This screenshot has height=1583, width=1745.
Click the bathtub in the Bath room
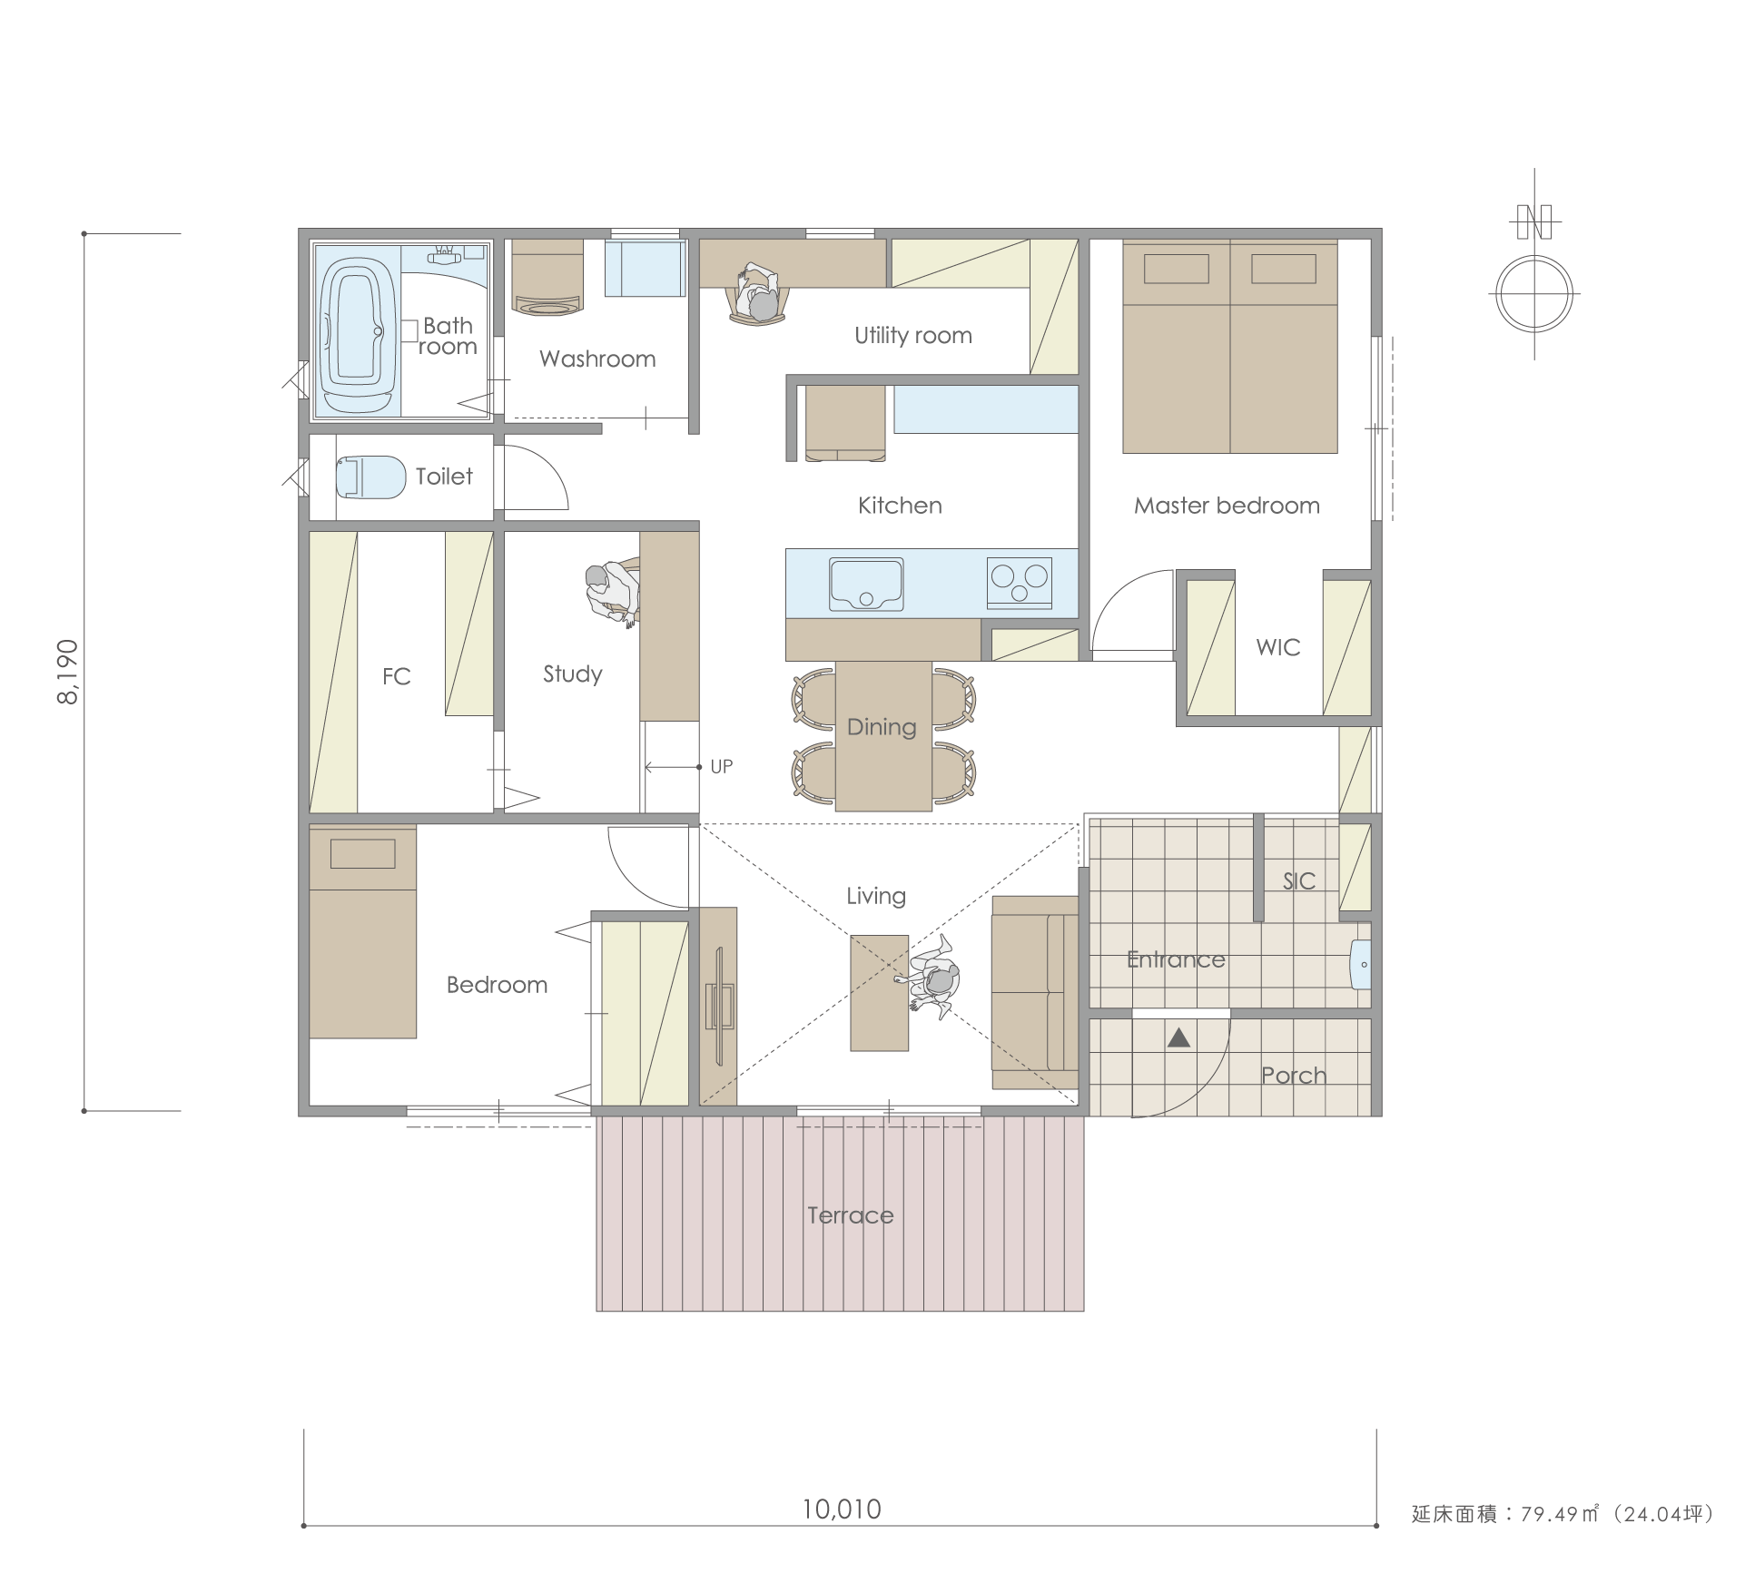(x=358, y=334)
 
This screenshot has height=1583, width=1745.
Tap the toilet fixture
(x=370, y=477)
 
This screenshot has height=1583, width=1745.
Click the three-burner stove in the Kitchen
(x=1020, y=582)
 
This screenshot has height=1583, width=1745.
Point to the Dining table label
(x=882, y=727)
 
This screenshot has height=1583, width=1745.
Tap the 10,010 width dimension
(x=842, y=1509)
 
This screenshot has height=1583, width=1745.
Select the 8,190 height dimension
(x=69, y=672)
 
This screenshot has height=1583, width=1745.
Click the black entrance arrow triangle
(x=1178, y=1037)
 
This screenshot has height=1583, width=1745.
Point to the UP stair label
(x=722, y=767)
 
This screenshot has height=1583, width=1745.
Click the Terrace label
(x=851, y=1215)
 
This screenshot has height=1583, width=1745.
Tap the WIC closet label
(x=1278, y=647)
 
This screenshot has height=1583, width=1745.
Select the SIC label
(x=1299, y=880)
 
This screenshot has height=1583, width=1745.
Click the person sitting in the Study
(x=613, y=594)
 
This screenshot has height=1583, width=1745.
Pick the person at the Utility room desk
(x=758, y=294)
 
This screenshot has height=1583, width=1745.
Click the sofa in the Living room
(x=1035, y=993)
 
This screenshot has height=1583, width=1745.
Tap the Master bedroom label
(x=1227, y=506)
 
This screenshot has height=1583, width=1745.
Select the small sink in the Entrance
(x=1360, y=964)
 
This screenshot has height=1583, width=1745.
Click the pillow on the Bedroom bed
(x=362, y=854)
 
